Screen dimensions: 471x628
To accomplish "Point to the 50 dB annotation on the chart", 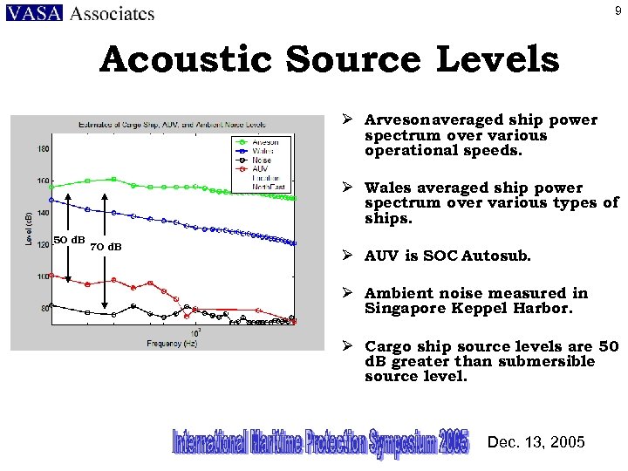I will click(x=68, y=240).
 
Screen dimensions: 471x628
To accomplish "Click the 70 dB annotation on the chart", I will click(x=106, y=246).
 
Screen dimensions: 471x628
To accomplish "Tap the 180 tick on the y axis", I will click(x=43, y=149).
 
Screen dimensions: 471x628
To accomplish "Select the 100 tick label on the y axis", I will click(x=43, y=276).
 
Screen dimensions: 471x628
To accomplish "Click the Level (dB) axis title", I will click(x=28, y=229).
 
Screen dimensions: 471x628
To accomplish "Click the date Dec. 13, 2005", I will click(x=536, y=442).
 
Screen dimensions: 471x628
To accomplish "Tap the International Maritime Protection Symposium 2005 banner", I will click(x=320, y=442).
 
